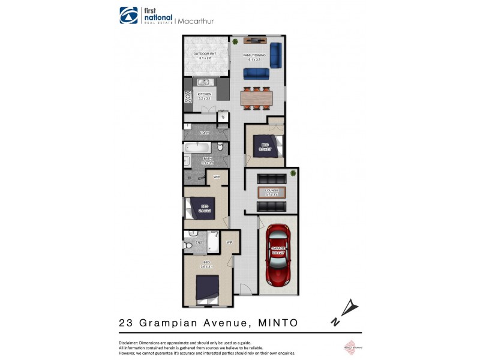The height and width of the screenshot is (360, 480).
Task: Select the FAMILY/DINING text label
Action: click(x=254, y=56)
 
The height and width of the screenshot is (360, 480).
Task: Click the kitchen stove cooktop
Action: click(x=187, y=97)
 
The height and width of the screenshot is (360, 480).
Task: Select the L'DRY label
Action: click(x=205, y=133)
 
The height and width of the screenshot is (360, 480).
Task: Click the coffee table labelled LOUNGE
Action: click(x=272, y=192)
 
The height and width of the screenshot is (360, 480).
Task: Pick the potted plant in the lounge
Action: click(x=293, y=174)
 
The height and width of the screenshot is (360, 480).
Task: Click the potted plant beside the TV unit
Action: click(x=236, y=41)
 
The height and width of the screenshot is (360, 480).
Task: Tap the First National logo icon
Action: click(x=128, y=16)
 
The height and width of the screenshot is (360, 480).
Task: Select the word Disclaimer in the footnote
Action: click(x=124, y=342)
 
